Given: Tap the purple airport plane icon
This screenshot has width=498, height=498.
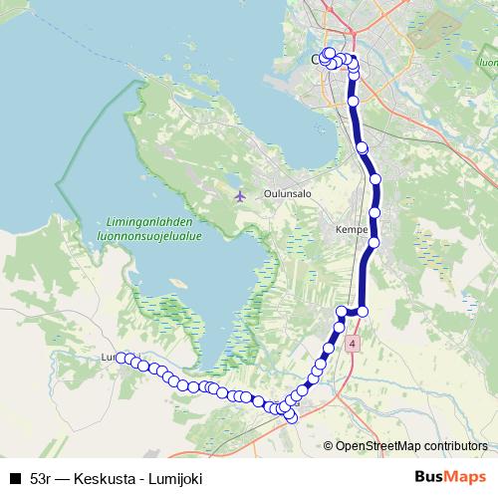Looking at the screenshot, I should click(x=239, y=195).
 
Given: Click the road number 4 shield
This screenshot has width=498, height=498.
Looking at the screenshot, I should click(x=352, y=343).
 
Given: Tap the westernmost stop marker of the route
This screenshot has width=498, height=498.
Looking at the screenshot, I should click(x=121, y=357).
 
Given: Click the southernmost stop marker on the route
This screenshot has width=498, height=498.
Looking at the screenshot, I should click(x=291, y=417).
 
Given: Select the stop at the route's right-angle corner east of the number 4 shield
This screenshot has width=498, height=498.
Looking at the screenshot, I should click(x=363, y=312).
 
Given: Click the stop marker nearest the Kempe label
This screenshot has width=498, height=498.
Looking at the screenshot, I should click(x=374, y=242).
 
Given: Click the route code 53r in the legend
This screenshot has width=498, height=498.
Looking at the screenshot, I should click(x=41, y=479).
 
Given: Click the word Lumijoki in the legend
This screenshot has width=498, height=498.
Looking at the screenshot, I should click(x=174, y=479).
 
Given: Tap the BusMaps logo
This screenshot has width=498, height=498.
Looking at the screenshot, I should click(x=449, y=477).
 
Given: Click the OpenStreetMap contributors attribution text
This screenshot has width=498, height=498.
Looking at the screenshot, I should click(x=411, y=445).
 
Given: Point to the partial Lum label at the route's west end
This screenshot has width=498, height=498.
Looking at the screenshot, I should click(x=109, y=357).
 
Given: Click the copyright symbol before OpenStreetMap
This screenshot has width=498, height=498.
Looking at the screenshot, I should click(x=329, y=445).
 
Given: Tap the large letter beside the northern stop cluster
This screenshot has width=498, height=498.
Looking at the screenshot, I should click(x=318, y=60).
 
